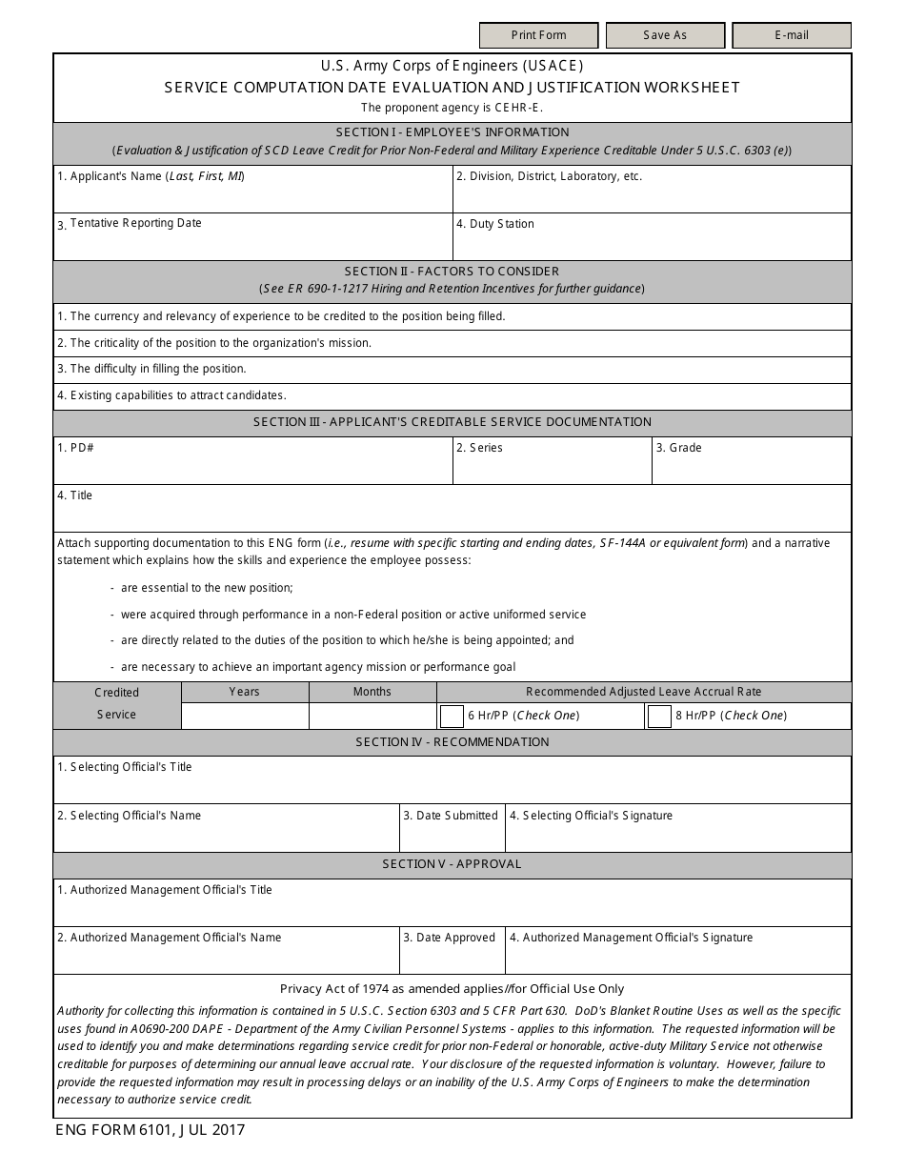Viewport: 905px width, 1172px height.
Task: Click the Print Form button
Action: tap(538, 35)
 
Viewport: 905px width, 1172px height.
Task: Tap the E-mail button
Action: tap(791, 35)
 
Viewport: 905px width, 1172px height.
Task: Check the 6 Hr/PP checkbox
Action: tap(451, 716)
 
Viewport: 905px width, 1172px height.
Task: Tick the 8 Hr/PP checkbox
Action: tap(659, 716)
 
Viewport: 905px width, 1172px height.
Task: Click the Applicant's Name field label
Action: tap(151, 176)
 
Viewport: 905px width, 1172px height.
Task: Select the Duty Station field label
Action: tap(494, 224)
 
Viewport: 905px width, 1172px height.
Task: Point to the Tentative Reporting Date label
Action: tap(135, 223)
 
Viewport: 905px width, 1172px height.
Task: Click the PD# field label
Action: tap(75, 448)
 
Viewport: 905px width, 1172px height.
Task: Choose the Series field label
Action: tap(479, 448)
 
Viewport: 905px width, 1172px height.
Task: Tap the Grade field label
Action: tap(678, 448)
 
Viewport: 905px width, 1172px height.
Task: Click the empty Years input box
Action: tap(244, 716)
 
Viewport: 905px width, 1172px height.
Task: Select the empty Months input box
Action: tap(372, 716)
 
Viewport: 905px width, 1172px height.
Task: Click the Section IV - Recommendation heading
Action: tap(452, 742)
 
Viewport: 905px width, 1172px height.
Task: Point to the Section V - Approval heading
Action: tap(452, 864)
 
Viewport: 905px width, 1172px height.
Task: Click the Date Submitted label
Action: tap(451, 816)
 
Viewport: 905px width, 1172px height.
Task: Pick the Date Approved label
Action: tap(449, 938)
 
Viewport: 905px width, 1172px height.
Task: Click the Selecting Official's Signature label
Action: tap(591, 816)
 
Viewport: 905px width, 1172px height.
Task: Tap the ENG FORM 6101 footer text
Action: tap(151, 1130)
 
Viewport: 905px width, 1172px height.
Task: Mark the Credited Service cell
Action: tap(116, 704)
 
